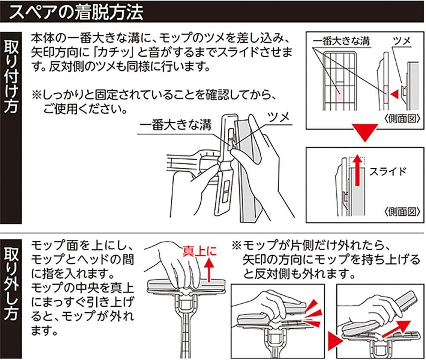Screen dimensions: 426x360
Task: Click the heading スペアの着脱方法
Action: point(76,12)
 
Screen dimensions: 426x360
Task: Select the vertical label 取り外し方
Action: point(11,283)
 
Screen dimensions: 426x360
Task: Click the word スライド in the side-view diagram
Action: point(388,171)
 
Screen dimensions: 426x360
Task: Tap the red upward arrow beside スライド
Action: point(357,170)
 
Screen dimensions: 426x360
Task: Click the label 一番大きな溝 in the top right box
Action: point(342,41)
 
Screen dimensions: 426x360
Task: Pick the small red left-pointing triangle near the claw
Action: point(394,94)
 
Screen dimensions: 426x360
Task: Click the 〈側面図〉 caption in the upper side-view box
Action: point(403,119)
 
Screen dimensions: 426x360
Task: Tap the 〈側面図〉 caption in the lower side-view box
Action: point(403,212)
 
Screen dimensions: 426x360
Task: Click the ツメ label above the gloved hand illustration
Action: point(279,118)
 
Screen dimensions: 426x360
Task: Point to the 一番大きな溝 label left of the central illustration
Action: point(175,126)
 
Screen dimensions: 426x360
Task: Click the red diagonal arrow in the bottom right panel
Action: point(396,329)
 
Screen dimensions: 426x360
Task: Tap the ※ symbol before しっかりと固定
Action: point(36,95)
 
